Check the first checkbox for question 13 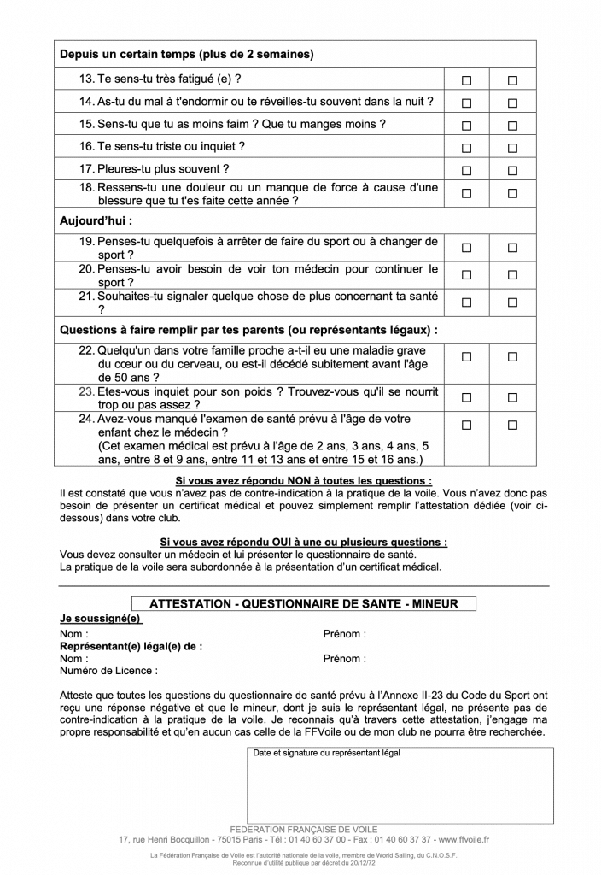pyautogui.click(x=466, y=80)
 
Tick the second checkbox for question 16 pyautogui.click(x=512, y=148)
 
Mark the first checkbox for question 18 pyautogui.click(x=466, y=193)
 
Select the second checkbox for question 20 pyautogui.click(x=512, y=275)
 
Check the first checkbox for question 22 pyautogui.click(x=466, y=357)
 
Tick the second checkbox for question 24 pyautogui.click(x=512, y=426)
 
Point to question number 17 pyautogui.click(x=87, y=169)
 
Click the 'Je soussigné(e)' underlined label pyautogui.click(x=101, y=618)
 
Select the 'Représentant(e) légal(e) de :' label pyautogui.click(x=131, y=647)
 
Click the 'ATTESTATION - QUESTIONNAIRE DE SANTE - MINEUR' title pyautogui.click(x=303, y=603)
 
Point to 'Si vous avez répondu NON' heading pyautogui.click(x=303, y=481)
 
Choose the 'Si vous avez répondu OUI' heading pyautogui.click(x=303, y=542)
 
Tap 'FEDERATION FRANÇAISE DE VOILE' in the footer pyautogui.click(x=303, y=829)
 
